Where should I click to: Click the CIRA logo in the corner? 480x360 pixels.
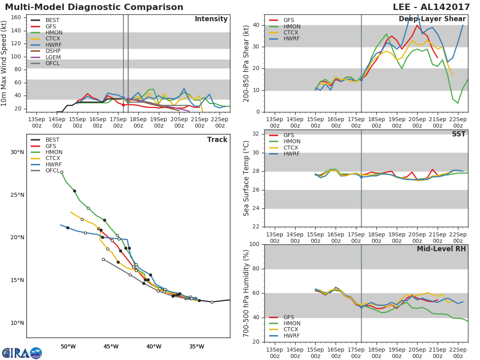[22, 353]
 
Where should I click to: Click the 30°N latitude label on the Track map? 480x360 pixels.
[17, 152]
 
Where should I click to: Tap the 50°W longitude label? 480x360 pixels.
[68, 347]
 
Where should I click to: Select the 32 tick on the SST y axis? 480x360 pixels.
[256, 134]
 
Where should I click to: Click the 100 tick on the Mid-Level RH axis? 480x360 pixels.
[254, 244]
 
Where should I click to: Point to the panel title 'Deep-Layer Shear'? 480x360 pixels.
[432, 19]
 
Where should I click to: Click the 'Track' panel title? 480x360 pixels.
[217, 140]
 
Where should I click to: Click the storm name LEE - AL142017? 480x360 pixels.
[431, 7]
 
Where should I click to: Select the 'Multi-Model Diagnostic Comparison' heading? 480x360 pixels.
[94, 7]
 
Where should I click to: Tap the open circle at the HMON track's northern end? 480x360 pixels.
[62, 172]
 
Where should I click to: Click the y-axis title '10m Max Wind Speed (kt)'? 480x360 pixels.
[4, 63]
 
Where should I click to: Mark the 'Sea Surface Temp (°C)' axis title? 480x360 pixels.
[246, 178]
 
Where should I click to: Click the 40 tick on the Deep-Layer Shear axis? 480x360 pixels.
[256, 25]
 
